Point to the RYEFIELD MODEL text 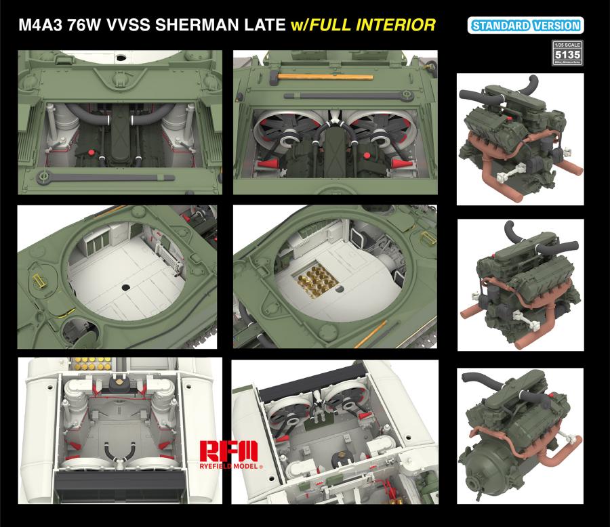point(229,467)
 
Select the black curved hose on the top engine point(492,91)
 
